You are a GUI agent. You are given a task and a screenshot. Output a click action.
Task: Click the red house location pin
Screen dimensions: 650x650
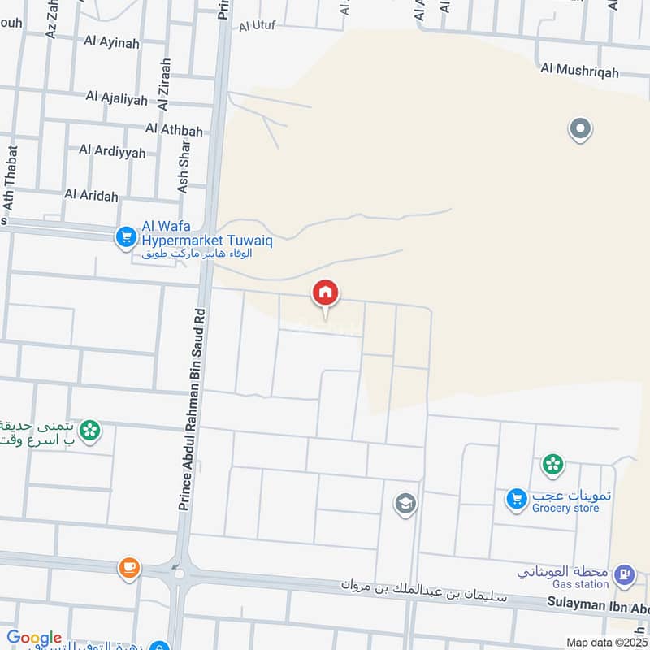point(325,293)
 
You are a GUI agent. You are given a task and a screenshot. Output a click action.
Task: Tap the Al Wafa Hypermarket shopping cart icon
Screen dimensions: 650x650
point(125,236)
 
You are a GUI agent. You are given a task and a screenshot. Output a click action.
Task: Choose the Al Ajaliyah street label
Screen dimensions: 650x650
point(116,99)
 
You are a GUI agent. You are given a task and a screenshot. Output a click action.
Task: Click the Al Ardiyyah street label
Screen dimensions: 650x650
point(112,151)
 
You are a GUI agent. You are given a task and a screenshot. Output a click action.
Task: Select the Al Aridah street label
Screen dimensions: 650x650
point(91,195)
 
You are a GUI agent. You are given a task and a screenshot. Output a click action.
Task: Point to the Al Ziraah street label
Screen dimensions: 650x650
point(165,84)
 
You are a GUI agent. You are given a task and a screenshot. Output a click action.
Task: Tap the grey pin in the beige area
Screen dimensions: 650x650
point(580,128)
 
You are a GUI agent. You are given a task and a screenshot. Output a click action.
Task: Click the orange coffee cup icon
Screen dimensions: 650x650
point(128,567)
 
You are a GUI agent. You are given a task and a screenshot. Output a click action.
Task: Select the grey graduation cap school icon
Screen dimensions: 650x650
point(404,505)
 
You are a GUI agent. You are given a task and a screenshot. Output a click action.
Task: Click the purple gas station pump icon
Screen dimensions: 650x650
point(623,575)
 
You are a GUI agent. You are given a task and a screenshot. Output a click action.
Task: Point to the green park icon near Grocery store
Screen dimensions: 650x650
point(552,465)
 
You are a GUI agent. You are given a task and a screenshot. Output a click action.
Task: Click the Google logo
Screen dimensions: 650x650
point(34,638)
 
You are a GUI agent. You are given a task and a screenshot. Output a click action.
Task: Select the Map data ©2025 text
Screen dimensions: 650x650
point(605,642)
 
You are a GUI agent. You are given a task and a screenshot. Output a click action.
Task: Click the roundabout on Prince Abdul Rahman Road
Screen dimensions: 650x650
point(179,574)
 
